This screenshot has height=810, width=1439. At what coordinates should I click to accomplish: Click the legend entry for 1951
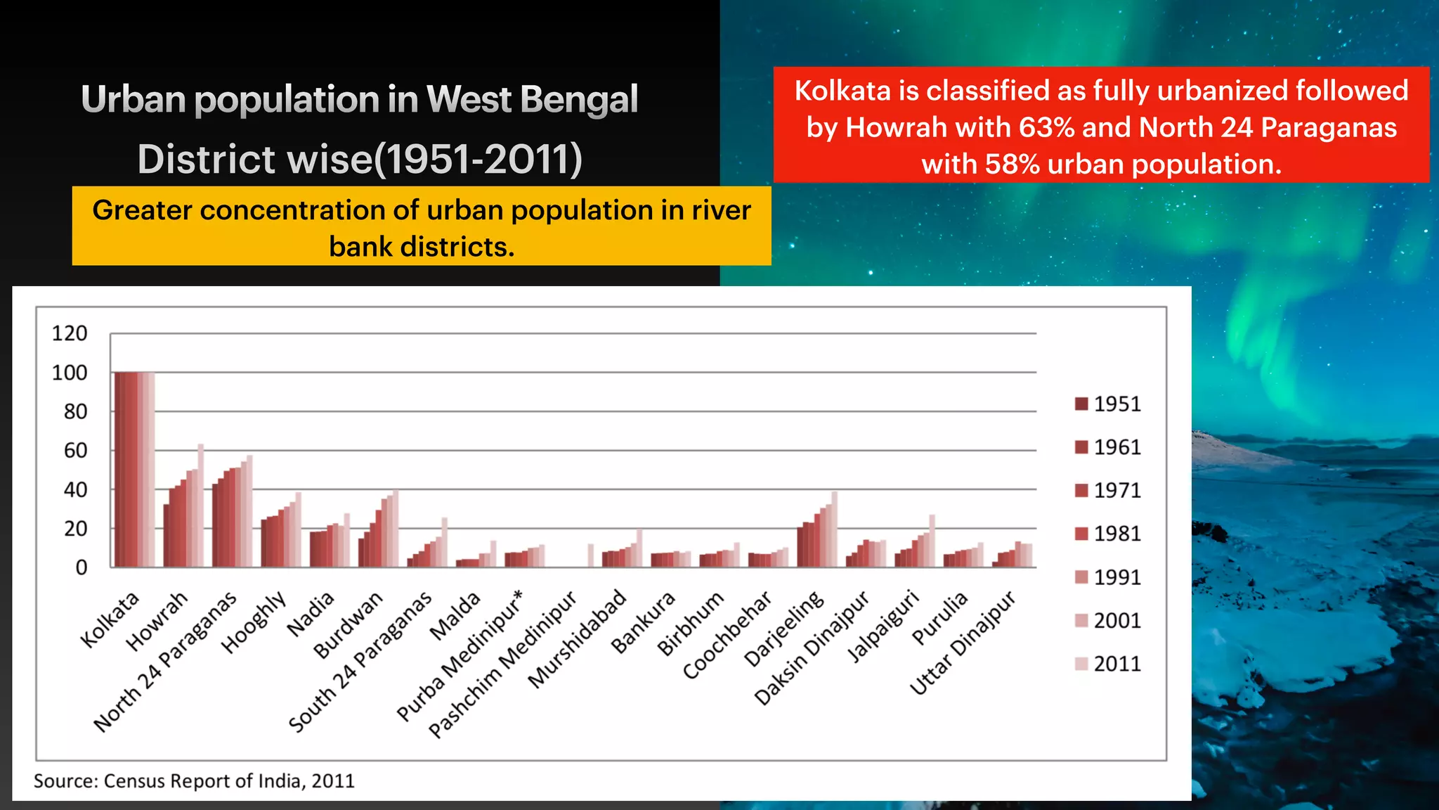pos(1107,404)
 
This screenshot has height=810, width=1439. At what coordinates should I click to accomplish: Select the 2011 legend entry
pos(1107,664)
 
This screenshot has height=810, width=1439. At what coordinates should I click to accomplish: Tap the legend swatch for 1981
pos(1081,534)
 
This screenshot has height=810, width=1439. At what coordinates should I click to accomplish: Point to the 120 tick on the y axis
pos(70,333)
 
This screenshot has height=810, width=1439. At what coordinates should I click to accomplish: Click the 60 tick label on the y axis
pos(75,451)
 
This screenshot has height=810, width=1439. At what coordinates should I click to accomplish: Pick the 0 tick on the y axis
pos(82,567)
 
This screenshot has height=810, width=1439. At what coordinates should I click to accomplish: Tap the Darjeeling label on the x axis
pos(784,628)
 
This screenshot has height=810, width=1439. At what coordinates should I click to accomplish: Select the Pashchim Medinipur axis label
pos(503,664)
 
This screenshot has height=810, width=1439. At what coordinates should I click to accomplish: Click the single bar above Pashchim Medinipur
pos(591,555)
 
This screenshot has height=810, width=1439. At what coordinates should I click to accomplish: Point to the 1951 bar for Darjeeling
pos(800,546)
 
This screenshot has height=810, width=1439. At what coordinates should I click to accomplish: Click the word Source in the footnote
pos(65,781)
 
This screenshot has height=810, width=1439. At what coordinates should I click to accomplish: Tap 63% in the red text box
pos(1046,128)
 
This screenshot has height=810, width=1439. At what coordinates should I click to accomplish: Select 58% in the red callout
pos(1012,165)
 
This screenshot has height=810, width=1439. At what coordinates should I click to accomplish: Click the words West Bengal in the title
pos(532,99)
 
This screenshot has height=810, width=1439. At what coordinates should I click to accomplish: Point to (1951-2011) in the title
pos(478,159)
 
